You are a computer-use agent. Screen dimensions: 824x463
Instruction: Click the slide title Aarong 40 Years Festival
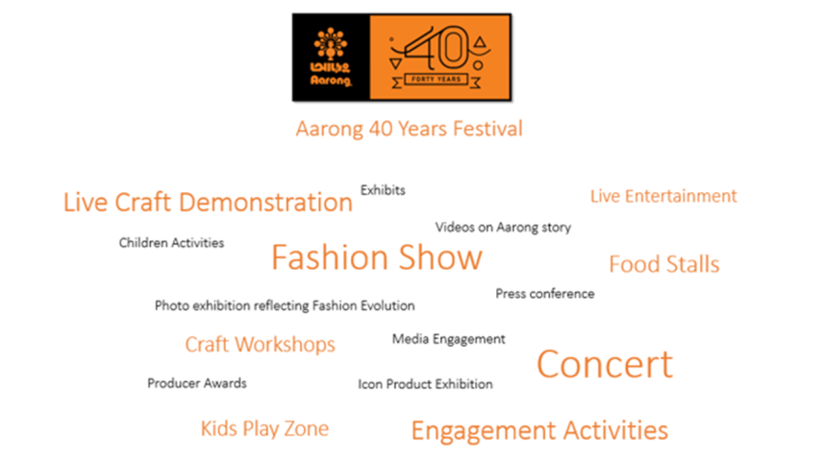click(409, 129)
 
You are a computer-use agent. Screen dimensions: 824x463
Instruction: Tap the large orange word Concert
click(605, 364)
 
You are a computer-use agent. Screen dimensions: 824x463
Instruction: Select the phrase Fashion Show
click(377, 257)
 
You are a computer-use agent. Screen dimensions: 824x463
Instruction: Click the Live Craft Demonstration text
click(208, 202)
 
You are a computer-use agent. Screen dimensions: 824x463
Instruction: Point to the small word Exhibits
click(383, 190)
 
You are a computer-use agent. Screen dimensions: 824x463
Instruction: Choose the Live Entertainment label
click(663, 196)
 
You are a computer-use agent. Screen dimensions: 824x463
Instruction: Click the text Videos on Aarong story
click(503, 228)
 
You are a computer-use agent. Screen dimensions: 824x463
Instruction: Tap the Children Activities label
click(171, 242)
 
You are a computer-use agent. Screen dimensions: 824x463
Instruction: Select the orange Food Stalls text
click(664, 264)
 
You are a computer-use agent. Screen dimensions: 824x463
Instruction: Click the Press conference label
click(545, 293)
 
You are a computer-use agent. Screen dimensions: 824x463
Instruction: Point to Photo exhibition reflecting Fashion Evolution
click(285, 305)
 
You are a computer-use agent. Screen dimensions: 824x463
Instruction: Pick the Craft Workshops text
click(261, 344)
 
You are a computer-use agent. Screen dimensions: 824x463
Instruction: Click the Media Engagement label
click(449, 339)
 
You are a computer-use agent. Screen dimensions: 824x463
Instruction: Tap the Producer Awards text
click(196, 383)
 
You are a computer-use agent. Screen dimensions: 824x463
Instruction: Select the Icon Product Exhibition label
click(425, 384)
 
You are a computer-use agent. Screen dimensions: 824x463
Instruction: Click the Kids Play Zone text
click(264, 428)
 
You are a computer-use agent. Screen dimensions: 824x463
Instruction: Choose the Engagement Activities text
click(539, 430)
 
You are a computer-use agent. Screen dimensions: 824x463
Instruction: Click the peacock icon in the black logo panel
click(330, 43)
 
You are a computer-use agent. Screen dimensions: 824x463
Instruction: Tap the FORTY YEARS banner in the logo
click(437, 80)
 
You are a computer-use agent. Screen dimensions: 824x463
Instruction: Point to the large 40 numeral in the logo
click(439, 47)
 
